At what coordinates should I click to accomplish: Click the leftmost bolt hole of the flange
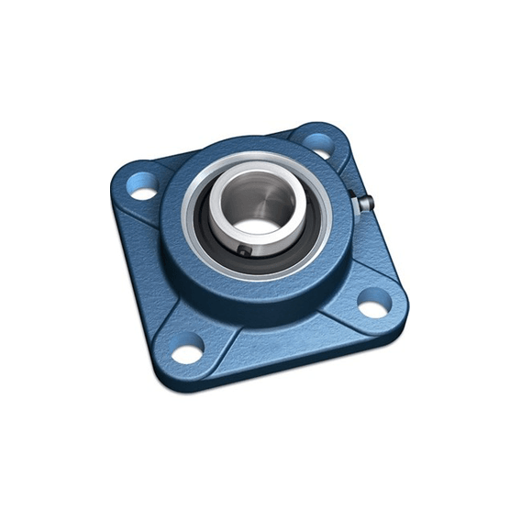143,192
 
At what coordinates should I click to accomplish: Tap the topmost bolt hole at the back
316,141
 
